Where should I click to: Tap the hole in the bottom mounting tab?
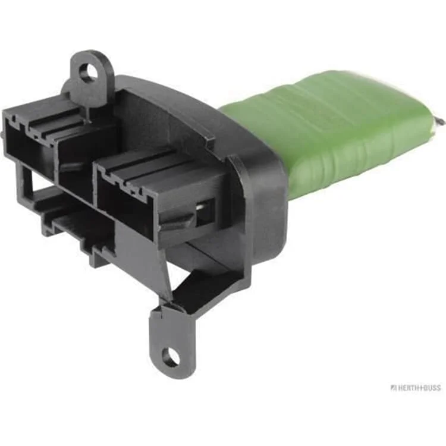pos(171,356)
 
